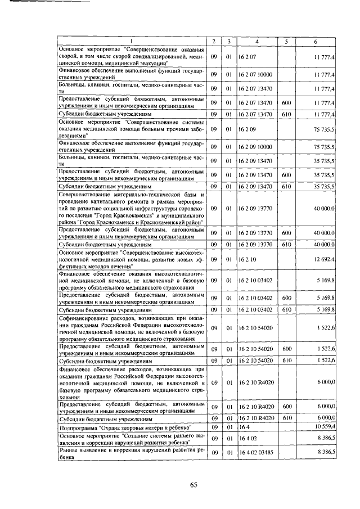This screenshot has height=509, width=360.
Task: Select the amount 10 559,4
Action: tap(325, 427)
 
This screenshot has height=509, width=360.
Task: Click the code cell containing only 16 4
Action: tap(244, 427)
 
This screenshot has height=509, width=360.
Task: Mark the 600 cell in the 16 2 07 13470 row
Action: tap(286, 103)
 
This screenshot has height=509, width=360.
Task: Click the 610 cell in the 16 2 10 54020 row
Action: tap(286, 360)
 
